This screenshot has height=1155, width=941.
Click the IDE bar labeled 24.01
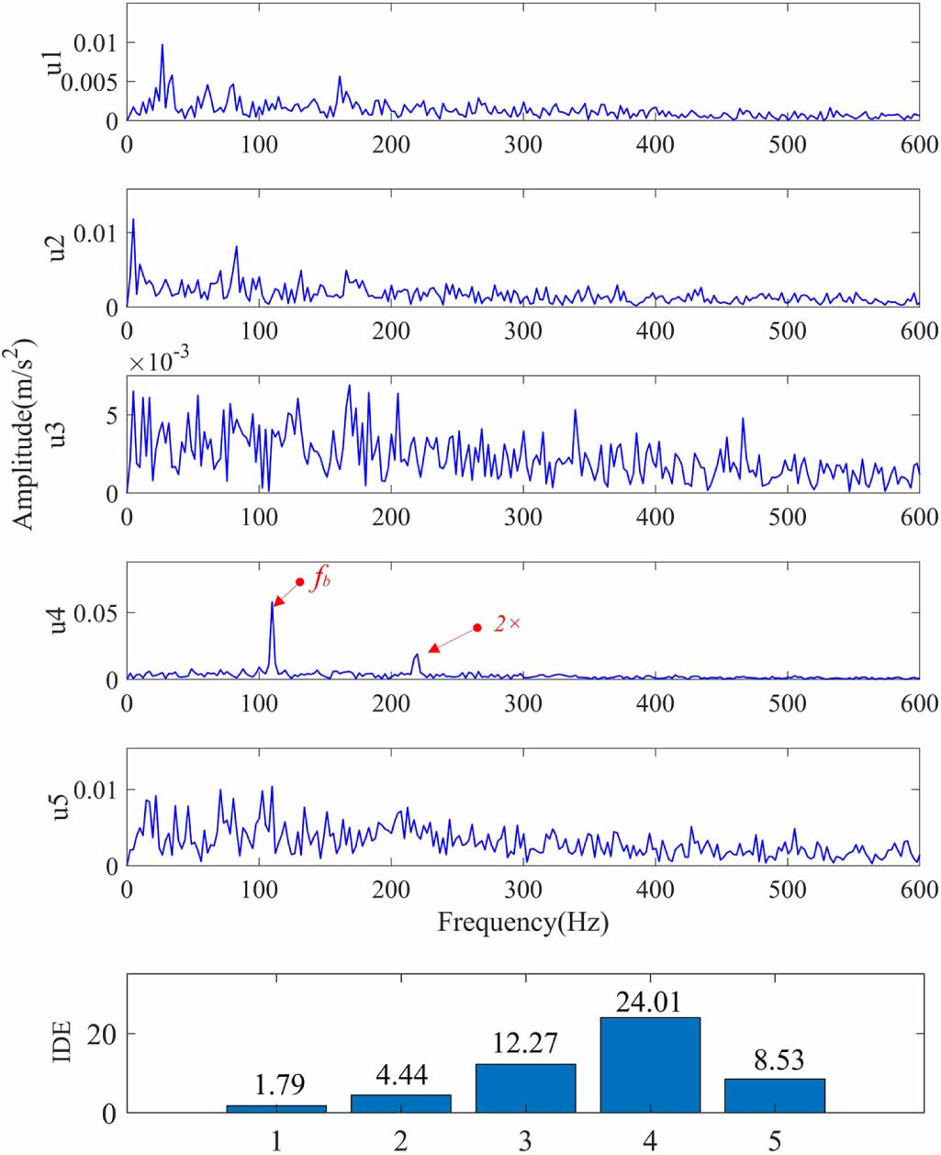click(x=650, y=1065)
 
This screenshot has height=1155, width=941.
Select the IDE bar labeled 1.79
click(x=276, y=1108)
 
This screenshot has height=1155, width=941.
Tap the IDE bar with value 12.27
click(x=525, y=1088)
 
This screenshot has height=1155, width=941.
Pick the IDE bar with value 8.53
click(x=775, y=1095)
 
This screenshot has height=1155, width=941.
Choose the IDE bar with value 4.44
click(x=401, y=1104)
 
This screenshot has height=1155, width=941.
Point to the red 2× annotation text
click(x=507, y=623)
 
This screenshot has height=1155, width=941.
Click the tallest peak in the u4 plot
click(x=272, y=603)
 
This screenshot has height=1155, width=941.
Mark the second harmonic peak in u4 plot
click(x=417, y=655)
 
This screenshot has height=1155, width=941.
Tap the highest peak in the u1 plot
click(x=162, y=45)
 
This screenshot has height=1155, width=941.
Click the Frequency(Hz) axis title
click(x=522, y=922)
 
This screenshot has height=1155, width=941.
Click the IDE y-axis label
click(x=62, y=1039)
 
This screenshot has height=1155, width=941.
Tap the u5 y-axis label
click(x=60, y=806)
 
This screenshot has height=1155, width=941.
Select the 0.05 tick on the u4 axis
click(x=96, y=612)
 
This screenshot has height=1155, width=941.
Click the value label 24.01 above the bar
click(x=649, y=1002)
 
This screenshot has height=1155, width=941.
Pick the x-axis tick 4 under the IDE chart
click(x=650, y=1140)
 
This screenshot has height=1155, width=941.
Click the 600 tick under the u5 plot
click(x=918, y=889)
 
